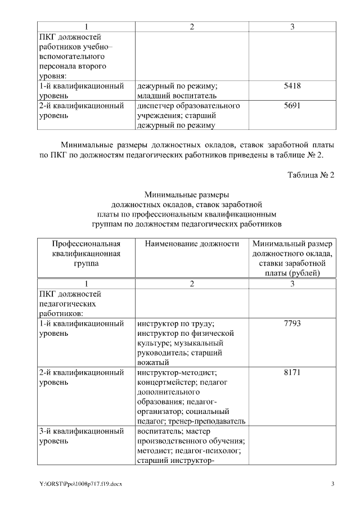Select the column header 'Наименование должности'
click(192, 244)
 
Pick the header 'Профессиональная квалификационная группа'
click(87, 254)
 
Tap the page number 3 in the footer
click(332, 484)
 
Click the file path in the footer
click(80, 484)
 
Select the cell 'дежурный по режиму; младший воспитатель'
click(177, 91)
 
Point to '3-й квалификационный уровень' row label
click(82, 436)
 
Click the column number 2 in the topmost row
click(192, 27)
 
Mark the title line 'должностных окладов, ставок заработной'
click(187, 204)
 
